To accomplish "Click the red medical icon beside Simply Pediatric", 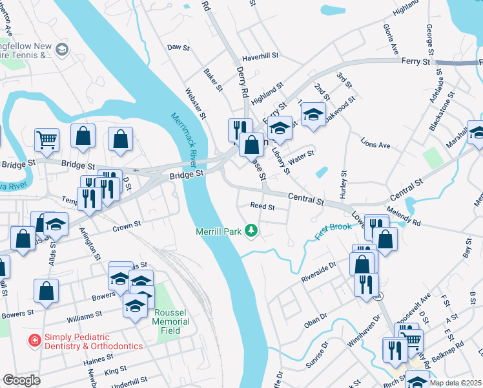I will tap(34, 339).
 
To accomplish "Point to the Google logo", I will tap(21, 380).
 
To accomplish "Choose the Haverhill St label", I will tap(259, 56).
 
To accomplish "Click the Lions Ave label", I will tap(376, 145).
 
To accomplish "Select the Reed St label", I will tap(263, 207).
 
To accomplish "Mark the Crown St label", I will tap(127, 226).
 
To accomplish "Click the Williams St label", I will tap(84, 317).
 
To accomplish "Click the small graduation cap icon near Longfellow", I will tap(62, 49).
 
